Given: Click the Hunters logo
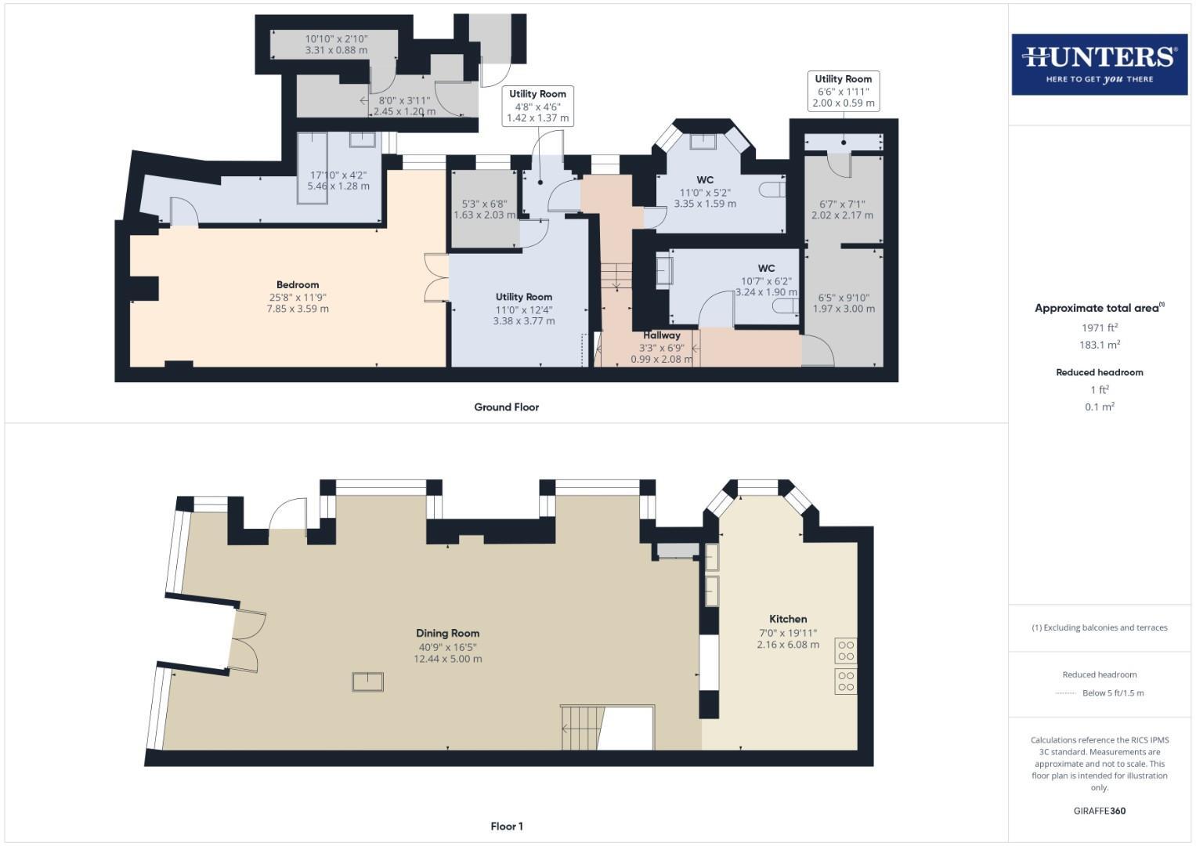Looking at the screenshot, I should pos(1099,64).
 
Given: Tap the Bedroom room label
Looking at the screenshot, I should pos(298,284).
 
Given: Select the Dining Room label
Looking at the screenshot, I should pos(447,633).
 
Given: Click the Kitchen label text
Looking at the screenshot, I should pos(788,619).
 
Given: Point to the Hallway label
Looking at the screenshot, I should pos(662,335).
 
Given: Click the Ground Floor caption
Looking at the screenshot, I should pos(506,407).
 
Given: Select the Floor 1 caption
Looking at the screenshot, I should pos(507,826).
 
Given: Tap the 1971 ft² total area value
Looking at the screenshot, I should pos(1100,328).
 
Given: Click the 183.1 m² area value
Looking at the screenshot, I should pos(1100,345).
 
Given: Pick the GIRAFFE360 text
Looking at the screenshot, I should pos(1100,811).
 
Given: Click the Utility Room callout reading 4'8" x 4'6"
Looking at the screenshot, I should pos(538,106).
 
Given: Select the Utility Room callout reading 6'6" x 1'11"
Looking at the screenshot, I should pos(844,91).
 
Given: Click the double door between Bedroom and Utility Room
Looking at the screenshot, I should pos(437,277).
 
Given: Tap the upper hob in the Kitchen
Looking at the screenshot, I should pos(846,651).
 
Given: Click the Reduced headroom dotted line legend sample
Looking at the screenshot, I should pos(1066,693).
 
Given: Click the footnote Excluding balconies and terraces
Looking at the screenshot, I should pos(1100,627).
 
